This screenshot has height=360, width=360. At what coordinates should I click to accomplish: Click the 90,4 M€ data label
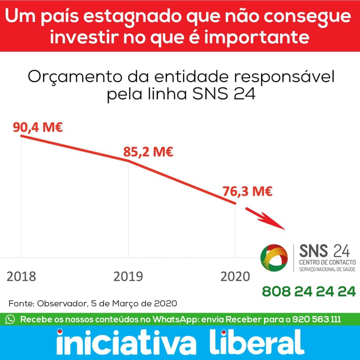point(37,127)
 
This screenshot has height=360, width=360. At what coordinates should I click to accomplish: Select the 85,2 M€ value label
point(148,153)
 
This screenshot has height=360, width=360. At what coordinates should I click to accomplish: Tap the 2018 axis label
point(21,277)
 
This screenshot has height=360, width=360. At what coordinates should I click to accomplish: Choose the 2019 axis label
point(128,277)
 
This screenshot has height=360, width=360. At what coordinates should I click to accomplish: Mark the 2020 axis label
point(235,277)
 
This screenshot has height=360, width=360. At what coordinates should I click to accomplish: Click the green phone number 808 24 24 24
point(309,291)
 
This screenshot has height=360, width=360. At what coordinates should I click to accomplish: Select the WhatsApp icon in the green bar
point(10,319)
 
